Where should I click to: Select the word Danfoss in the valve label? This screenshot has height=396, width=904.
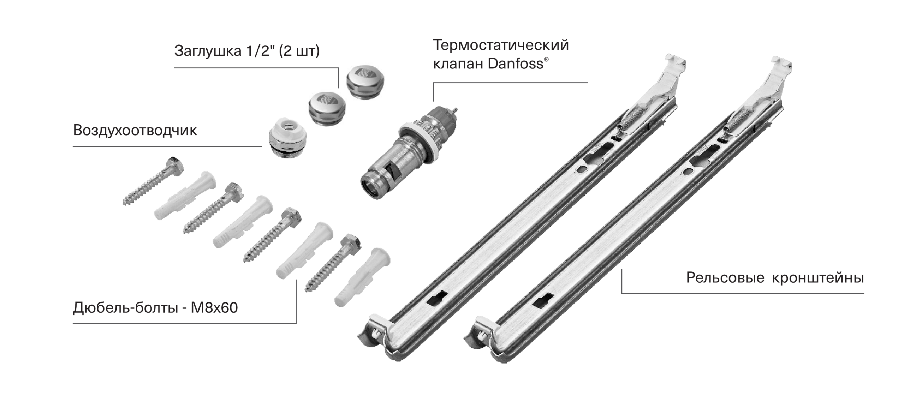515,64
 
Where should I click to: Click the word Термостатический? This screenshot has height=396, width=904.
501,45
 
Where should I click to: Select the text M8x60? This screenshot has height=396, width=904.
214,308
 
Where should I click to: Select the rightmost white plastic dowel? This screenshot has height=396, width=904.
362,277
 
